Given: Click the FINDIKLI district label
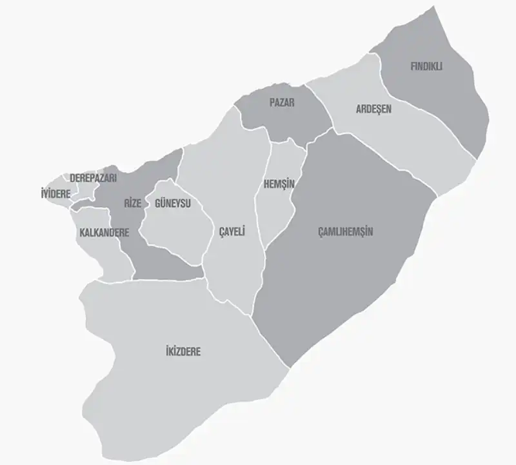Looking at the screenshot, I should pos(426,66).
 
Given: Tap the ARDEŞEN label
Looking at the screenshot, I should pos(373,109).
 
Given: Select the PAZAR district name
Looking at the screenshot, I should pos(282,102).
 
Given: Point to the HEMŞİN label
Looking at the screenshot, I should pos(279,184).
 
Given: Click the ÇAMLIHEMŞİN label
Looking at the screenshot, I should pos(346,232).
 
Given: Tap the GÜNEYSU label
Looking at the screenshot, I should pos(172,204).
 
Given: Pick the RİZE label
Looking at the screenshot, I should pos(132,204).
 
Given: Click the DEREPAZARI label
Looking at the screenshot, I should pos(93,178).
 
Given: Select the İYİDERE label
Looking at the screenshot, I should pos(55,193).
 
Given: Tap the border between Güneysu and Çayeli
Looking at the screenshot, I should pos(208,232).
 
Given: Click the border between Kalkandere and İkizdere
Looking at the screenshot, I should pos(106,281).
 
